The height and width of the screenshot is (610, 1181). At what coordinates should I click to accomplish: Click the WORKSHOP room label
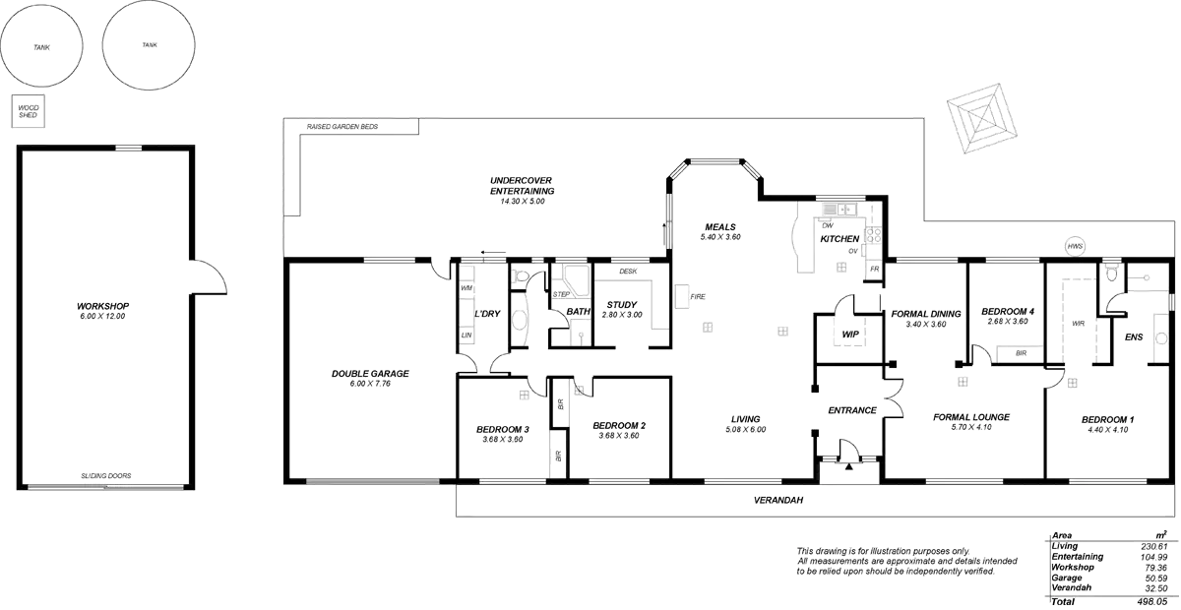pos(103,306)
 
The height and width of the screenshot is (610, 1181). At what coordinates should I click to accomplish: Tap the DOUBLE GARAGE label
pos(370,374)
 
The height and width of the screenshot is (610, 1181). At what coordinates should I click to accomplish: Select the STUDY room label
pos(622,305)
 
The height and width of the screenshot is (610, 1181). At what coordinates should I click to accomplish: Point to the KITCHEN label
pos(839,239)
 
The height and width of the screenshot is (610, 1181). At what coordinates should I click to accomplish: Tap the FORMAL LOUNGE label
pos(971,417)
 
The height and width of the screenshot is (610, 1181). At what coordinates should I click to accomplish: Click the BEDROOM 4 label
pos(1008,311)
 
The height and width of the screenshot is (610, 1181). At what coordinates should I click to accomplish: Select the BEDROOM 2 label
pos(619,425)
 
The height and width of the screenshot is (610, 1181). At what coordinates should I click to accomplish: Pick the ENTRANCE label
pos(851,410)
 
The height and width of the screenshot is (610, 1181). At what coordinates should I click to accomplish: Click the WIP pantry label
pos(850,335)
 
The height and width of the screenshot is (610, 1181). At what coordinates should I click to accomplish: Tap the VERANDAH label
pos(782,500)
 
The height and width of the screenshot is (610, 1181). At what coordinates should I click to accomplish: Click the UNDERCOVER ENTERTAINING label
pos(522,185)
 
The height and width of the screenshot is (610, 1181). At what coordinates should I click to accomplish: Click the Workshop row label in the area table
pos(1074,567)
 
